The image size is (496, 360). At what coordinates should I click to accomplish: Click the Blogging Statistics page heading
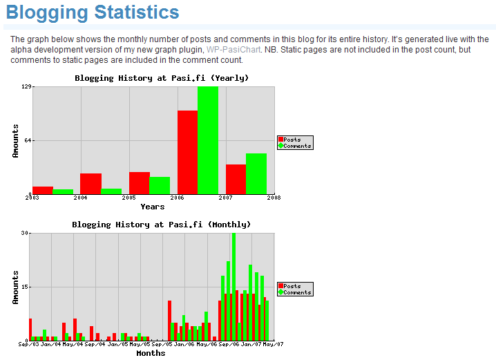pos(93,12)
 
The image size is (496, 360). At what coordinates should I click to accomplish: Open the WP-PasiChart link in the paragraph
pos(233,50)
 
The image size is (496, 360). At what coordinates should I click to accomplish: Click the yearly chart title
pos(162,78)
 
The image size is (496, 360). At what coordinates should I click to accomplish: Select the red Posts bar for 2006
pos(188,152)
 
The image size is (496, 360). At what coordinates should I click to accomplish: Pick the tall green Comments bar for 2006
pos(208,140)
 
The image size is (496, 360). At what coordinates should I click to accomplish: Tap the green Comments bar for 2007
pos(256,173)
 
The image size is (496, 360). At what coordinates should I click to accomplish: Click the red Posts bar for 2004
pos(90,184)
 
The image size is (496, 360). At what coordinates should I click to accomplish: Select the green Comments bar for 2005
pos(160,185)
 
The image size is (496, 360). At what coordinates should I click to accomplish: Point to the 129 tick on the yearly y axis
pos(26,86)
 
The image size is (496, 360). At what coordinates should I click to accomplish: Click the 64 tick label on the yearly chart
pos(28,140)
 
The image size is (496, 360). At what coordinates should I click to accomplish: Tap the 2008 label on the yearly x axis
pos(274,198)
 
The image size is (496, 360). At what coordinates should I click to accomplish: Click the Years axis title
pos(153,207)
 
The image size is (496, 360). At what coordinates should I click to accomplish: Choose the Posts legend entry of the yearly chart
pos(289,140)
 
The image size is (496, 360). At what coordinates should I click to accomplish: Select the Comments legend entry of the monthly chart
pos(294,292)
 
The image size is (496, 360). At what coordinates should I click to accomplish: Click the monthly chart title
pos(162,225)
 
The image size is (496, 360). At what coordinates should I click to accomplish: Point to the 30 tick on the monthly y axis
pos(25,233)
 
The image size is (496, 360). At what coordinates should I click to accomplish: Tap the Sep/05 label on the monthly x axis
pos(162,344)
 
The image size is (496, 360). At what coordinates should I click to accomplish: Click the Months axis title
pos(151,353)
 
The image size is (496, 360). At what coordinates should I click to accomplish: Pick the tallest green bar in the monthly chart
pos(233,287)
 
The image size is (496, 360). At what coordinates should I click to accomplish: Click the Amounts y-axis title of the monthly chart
pos(15,287)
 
